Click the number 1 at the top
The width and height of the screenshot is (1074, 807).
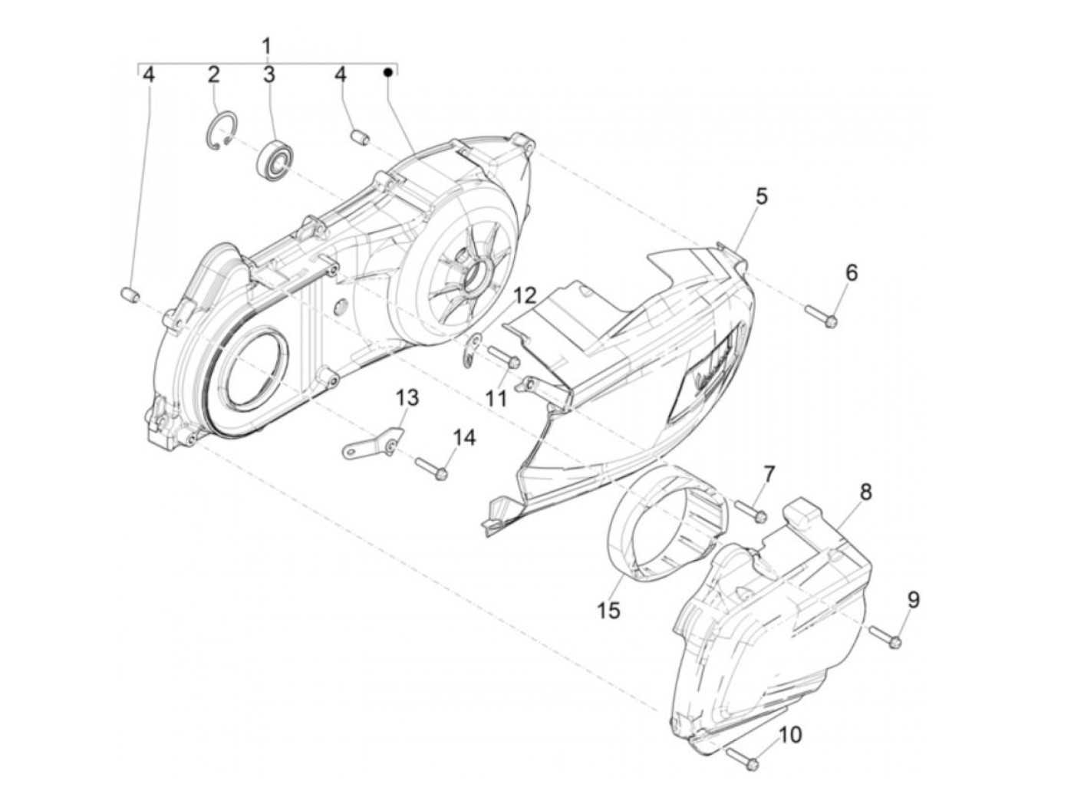point(266,45)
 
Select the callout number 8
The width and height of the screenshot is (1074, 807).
point(865,492)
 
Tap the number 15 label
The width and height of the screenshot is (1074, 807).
point(610,611)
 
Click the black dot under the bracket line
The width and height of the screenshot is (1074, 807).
point(388,72)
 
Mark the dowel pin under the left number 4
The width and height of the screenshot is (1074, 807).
point(130,295)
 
